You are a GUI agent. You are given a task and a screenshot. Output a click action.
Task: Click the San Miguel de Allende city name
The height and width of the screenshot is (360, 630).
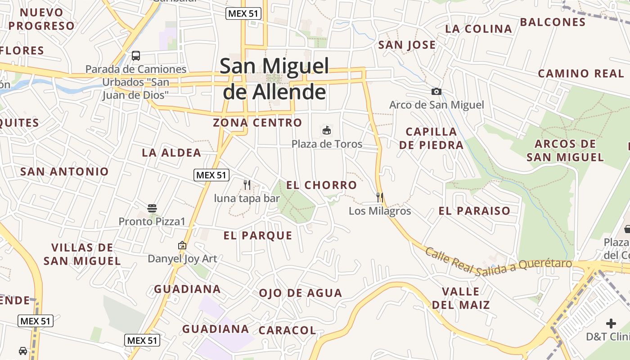pos(274,79)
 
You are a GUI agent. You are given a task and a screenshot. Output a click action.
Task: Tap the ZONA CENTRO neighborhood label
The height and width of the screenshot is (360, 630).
pos(257,122)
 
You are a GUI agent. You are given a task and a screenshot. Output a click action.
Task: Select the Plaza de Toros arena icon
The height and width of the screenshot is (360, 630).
pos(327,130)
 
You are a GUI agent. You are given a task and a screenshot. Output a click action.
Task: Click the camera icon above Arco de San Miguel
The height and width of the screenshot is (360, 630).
pos(436,92)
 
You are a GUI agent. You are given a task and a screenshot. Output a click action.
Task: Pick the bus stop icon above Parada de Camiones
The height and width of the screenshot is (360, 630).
pos(136,56)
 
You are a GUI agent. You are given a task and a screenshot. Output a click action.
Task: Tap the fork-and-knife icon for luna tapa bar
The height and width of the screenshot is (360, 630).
pos(247,184)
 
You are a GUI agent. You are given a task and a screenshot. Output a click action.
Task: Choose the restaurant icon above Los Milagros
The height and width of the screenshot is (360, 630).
pos(380,197)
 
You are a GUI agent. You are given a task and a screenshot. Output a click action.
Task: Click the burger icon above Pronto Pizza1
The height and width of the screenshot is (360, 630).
pos(152,208)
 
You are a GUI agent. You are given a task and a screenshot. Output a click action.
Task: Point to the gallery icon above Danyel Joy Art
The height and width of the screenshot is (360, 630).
pos(182,245)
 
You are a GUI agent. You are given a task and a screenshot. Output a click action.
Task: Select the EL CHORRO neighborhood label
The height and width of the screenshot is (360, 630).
pos(321,185)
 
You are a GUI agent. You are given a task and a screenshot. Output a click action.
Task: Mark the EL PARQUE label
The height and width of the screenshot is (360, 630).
pos(258,235)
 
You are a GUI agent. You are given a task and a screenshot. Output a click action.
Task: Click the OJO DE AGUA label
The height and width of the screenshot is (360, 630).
pos(300,293)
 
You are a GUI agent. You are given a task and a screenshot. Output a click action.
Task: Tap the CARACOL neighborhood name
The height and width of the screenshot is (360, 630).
pos(287,330)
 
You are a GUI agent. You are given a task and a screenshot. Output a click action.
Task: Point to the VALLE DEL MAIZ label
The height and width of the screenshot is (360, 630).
pos(461,298)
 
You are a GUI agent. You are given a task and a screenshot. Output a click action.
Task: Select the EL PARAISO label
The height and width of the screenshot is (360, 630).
pos(474,211)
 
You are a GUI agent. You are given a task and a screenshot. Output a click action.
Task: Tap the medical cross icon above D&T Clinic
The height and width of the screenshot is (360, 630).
pos(611,323)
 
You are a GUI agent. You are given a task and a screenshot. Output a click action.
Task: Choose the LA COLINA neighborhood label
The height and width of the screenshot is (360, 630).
pos(478,29)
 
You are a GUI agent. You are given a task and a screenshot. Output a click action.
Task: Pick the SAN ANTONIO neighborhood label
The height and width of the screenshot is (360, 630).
pos(64,171)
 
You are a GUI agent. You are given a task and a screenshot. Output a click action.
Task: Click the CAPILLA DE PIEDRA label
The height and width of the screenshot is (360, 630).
pos(431,138)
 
